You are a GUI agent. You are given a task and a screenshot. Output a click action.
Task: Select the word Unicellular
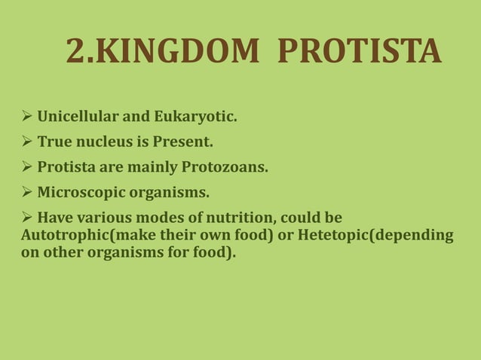(x=79, y=117)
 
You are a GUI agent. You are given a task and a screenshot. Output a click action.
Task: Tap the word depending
(x=418, y=235)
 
